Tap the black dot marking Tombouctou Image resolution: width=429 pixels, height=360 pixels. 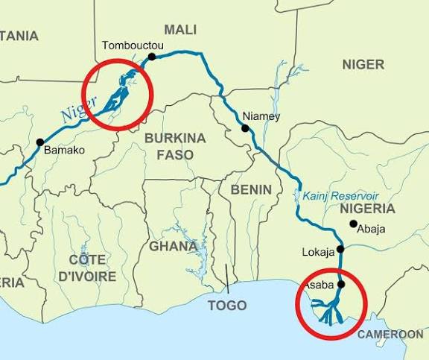pos(152,56)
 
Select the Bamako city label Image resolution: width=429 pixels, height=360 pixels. pos(66,150)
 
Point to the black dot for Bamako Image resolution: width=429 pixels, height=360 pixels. pos(39,142)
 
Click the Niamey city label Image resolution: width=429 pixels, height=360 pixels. pos(261,116)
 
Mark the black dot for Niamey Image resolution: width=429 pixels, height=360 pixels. pos(245,128)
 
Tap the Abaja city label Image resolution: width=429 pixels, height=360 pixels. pos(372,229)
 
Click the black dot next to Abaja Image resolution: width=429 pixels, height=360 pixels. pos(353,223)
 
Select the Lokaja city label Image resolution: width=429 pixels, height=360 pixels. pos(318,252)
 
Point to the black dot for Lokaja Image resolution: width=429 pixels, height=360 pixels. pos(340,249)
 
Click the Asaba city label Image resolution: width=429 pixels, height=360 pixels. pos(319,285)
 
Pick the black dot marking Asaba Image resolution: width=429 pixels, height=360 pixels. pos(341,284)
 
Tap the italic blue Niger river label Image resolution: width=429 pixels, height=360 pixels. pos(80,114)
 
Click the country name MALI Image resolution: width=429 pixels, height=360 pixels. pos(180,29)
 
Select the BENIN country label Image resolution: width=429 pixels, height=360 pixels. pos(251,189)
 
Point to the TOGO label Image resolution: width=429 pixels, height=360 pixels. pos(226,306)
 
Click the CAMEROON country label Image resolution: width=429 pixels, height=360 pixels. pos(391,334)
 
